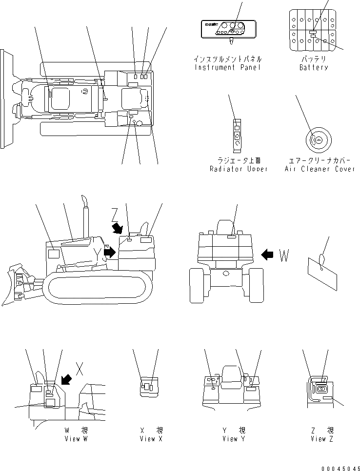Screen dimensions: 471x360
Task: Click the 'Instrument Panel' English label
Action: click(227, 67)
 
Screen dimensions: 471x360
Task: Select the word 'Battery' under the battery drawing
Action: click(314, 67)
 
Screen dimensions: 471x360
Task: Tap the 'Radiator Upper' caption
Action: click(239, 169)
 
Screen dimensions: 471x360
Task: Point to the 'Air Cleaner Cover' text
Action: click(320, 169)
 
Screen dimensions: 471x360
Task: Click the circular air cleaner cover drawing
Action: click(318, 140)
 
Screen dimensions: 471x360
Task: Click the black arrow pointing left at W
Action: click(268, 254)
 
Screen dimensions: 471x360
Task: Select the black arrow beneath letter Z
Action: click(118, 228)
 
